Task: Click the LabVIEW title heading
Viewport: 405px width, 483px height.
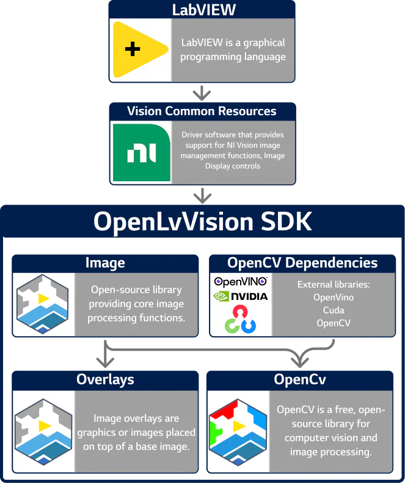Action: (x=202, y=10)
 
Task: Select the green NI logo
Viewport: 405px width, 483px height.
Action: (x=141, y=152)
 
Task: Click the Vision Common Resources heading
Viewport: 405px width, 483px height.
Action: (x=202, y=111)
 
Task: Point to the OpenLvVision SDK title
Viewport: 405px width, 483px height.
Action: (x=202, y=222)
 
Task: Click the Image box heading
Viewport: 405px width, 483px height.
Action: (x=105, y=263)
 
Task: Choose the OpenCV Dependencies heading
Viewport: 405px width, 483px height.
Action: (x=302, y=263)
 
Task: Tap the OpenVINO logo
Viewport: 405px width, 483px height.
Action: (x=240, y=282)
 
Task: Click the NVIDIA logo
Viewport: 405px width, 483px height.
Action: (x=240, y=296)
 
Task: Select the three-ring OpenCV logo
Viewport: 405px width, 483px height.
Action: (x=240, y=320)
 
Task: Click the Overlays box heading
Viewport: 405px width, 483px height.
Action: (x=105, y=380)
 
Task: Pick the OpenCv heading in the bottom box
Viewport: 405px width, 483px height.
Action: (x=300, y=380)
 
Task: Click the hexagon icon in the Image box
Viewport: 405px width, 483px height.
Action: (x=42, y=304)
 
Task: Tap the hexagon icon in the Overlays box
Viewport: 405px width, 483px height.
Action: (x=42, y=432)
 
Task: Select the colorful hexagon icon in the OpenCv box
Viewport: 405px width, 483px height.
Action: (x=238, y=432)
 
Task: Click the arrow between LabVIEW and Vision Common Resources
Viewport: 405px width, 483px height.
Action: (x=202, y=92)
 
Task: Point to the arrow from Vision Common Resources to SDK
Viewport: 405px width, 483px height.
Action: (x=202, y=195)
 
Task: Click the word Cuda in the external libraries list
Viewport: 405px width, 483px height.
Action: (x=334, y=310)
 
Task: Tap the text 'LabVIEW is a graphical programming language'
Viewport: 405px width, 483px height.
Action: (x=233, y=50)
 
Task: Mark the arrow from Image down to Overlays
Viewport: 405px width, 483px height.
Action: (x=105, y=354)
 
